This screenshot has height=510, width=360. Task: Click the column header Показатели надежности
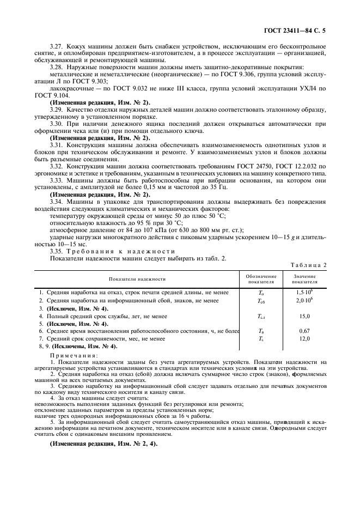pos(137,279)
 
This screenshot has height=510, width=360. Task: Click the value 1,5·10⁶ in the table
pos(304,293)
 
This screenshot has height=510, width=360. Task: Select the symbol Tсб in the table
pos(260,301)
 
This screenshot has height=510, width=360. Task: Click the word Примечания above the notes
pos(71,355)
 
